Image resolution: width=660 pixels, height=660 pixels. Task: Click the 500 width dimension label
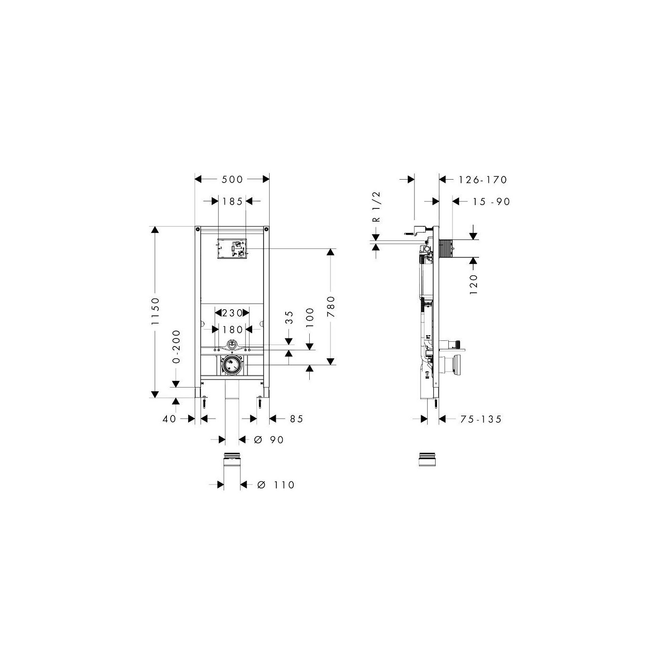pos(232,179)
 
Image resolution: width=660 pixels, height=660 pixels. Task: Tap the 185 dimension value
pos(232,201)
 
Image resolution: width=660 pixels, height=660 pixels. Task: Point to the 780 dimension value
pos(330,306)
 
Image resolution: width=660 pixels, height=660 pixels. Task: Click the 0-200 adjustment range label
pos(176,346)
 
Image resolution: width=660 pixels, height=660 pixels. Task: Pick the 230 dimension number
pos(232,313)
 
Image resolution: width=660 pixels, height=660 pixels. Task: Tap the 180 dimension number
pos(232,330)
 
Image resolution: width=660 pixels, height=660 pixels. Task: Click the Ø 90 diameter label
pos(269,439)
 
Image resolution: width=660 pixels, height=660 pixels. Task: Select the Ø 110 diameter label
pos(276,485)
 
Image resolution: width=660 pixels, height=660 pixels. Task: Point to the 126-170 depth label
pos(483,180)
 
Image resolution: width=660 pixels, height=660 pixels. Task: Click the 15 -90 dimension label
pos(492,202)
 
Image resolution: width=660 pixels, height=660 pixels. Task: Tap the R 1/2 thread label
pos(376,207)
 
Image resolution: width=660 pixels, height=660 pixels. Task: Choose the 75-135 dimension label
pos(481,419)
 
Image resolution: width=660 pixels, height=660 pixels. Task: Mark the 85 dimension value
pos(297,419)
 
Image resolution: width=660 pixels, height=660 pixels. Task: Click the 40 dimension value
pos(169,419)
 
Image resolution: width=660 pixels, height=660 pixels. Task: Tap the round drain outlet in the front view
pos(232,365)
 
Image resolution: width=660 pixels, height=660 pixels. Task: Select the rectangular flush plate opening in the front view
pos(232,248)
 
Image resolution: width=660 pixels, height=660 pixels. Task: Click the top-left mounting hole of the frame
pos(198,229)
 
